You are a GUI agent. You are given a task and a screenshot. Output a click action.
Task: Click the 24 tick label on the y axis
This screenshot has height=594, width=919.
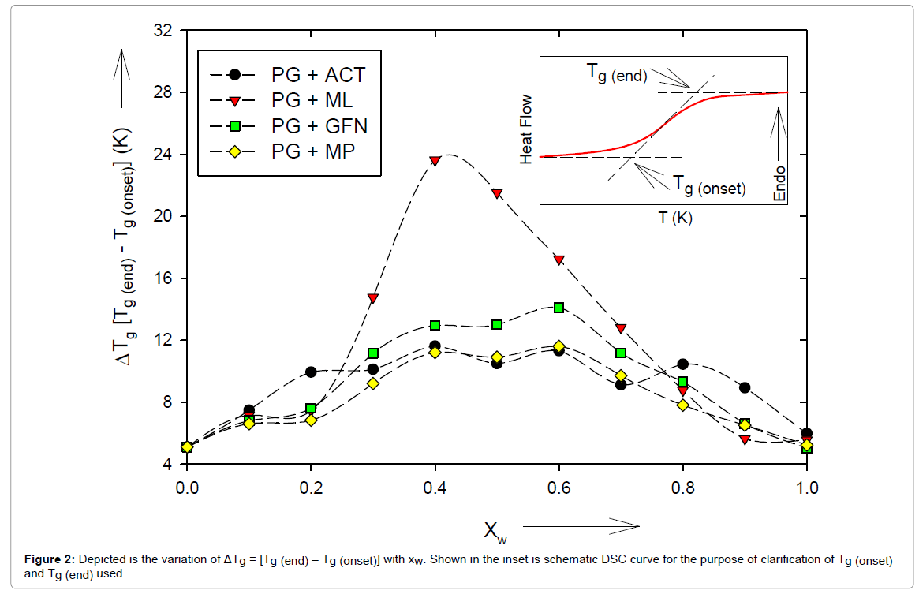[165, 155]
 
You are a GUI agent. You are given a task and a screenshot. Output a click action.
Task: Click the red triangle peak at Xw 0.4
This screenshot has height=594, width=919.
[435, 160]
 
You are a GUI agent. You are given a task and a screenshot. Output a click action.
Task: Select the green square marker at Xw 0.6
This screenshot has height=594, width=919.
[558, 308]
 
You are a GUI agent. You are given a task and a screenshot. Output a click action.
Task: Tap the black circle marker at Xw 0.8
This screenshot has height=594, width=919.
[682, 364]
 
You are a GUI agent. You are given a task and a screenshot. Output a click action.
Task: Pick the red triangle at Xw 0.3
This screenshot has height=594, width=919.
[373, 298]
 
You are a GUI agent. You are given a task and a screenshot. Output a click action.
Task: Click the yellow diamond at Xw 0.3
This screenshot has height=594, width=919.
[373, 383]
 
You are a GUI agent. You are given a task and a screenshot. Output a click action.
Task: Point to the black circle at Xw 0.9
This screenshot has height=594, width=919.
[744, 387]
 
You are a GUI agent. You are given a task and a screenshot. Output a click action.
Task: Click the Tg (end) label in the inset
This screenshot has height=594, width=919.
[616, 73]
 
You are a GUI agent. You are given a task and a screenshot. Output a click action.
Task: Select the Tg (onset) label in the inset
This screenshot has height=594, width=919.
[708, 185]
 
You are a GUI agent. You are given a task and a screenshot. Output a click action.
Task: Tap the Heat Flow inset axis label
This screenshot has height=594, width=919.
[526, 130]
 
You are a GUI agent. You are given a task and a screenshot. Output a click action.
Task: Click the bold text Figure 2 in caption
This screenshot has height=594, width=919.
[47, 559]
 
